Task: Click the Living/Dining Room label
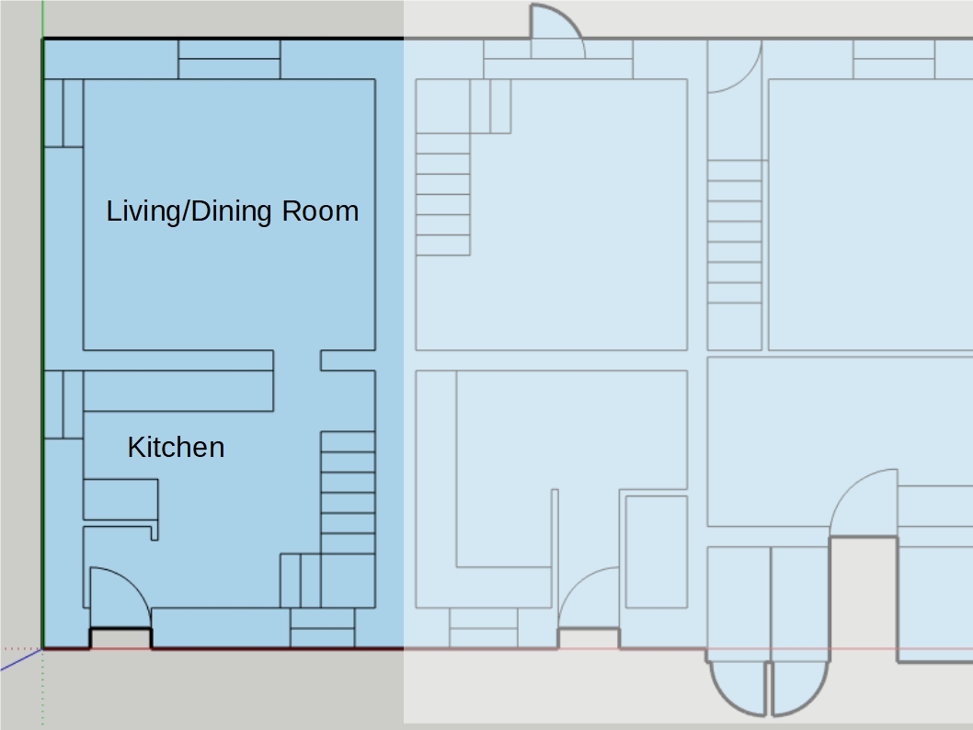[x=233, y=211]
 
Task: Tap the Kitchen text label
[x=177, y=447]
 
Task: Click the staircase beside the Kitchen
[x=348, y=493]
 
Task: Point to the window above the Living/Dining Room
[x=229, y=59]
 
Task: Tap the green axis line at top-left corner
[x=43, y=18]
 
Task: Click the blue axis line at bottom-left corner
[x=20, y=659]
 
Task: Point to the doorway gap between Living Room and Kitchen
[x=297, y=360]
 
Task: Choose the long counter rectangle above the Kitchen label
[x=178, y=391]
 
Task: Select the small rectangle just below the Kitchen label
[x=120, y=499]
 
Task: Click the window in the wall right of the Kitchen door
[x=323, y=628]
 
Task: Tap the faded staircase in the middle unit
[x=443, y=194]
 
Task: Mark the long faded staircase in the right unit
[x=735, y=255]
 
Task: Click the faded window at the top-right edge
[x=894, y=60]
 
